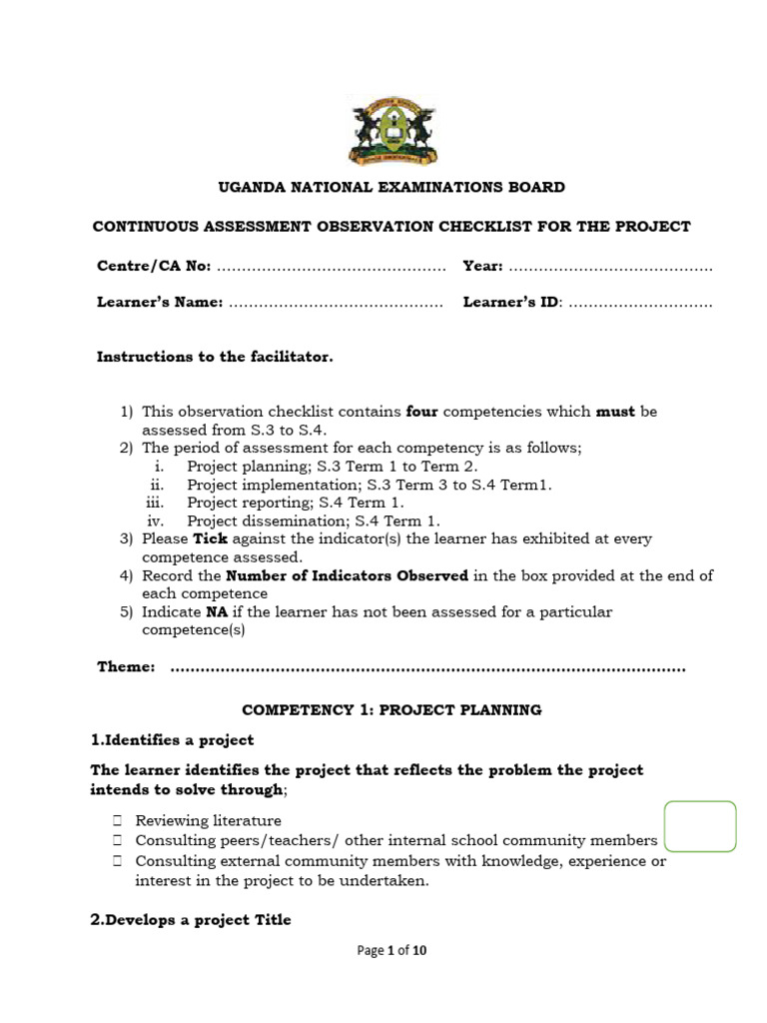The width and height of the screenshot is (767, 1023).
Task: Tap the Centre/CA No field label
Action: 154,267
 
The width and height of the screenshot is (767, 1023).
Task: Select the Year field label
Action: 483,267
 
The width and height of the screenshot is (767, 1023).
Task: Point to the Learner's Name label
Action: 160,302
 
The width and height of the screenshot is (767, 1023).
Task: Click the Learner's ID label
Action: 512,302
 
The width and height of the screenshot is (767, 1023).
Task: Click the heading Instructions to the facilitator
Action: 215,357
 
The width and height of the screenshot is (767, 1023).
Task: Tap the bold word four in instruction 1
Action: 422,412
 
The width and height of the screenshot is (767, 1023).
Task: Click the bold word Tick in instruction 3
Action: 211,538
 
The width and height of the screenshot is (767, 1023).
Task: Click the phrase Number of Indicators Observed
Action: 348,575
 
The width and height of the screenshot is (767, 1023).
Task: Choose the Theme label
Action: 126,666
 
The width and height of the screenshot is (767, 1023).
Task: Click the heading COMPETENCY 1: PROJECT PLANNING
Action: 392,710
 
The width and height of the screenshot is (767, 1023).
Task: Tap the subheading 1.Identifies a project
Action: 173,740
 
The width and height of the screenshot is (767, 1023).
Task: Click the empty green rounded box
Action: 699,826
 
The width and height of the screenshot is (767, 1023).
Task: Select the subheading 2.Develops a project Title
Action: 191,919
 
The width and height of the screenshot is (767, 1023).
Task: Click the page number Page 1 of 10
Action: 392,951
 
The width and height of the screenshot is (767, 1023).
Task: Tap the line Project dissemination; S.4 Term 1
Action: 313,520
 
